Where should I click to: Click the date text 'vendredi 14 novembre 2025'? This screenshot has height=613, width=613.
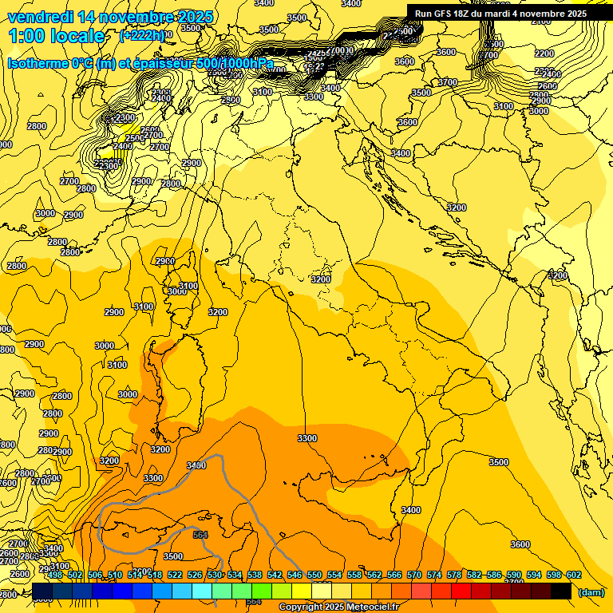(110, 17)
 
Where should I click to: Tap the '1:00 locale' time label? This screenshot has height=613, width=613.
(57, 36)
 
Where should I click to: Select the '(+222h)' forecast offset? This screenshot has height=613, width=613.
(142, 36)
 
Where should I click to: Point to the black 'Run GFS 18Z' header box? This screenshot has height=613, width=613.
(500, 14)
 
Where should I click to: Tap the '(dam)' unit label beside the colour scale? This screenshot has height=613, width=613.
(591, 591)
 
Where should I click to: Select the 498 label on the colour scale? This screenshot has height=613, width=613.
(55, 575)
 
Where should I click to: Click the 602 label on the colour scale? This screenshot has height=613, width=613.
(573, 575)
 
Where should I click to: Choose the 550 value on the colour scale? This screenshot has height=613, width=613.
(314, 575)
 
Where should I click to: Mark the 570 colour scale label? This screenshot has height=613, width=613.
(413, 575)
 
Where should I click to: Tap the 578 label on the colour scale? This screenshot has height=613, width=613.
(453, 575)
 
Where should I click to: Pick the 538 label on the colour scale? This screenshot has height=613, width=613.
(254, 575)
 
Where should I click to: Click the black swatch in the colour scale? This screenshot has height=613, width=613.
(561, 591)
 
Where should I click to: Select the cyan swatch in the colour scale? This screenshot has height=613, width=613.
(202, 591)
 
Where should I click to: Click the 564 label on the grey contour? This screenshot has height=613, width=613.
(200, 535)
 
